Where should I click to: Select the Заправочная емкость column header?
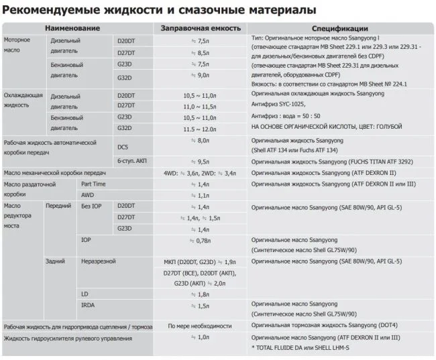click(199, 28)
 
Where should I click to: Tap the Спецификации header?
click(339, 28)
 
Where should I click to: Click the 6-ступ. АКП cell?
click(133, 161)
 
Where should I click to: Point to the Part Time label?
click(93, 184)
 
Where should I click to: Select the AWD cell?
click(87, 195)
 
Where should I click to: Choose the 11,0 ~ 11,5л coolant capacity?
click(200, 106)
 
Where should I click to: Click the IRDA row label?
click(89, 306)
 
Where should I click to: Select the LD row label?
click(85, 294)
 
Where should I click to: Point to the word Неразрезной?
click(99, 261)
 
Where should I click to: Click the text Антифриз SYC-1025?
click(280, 105)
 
